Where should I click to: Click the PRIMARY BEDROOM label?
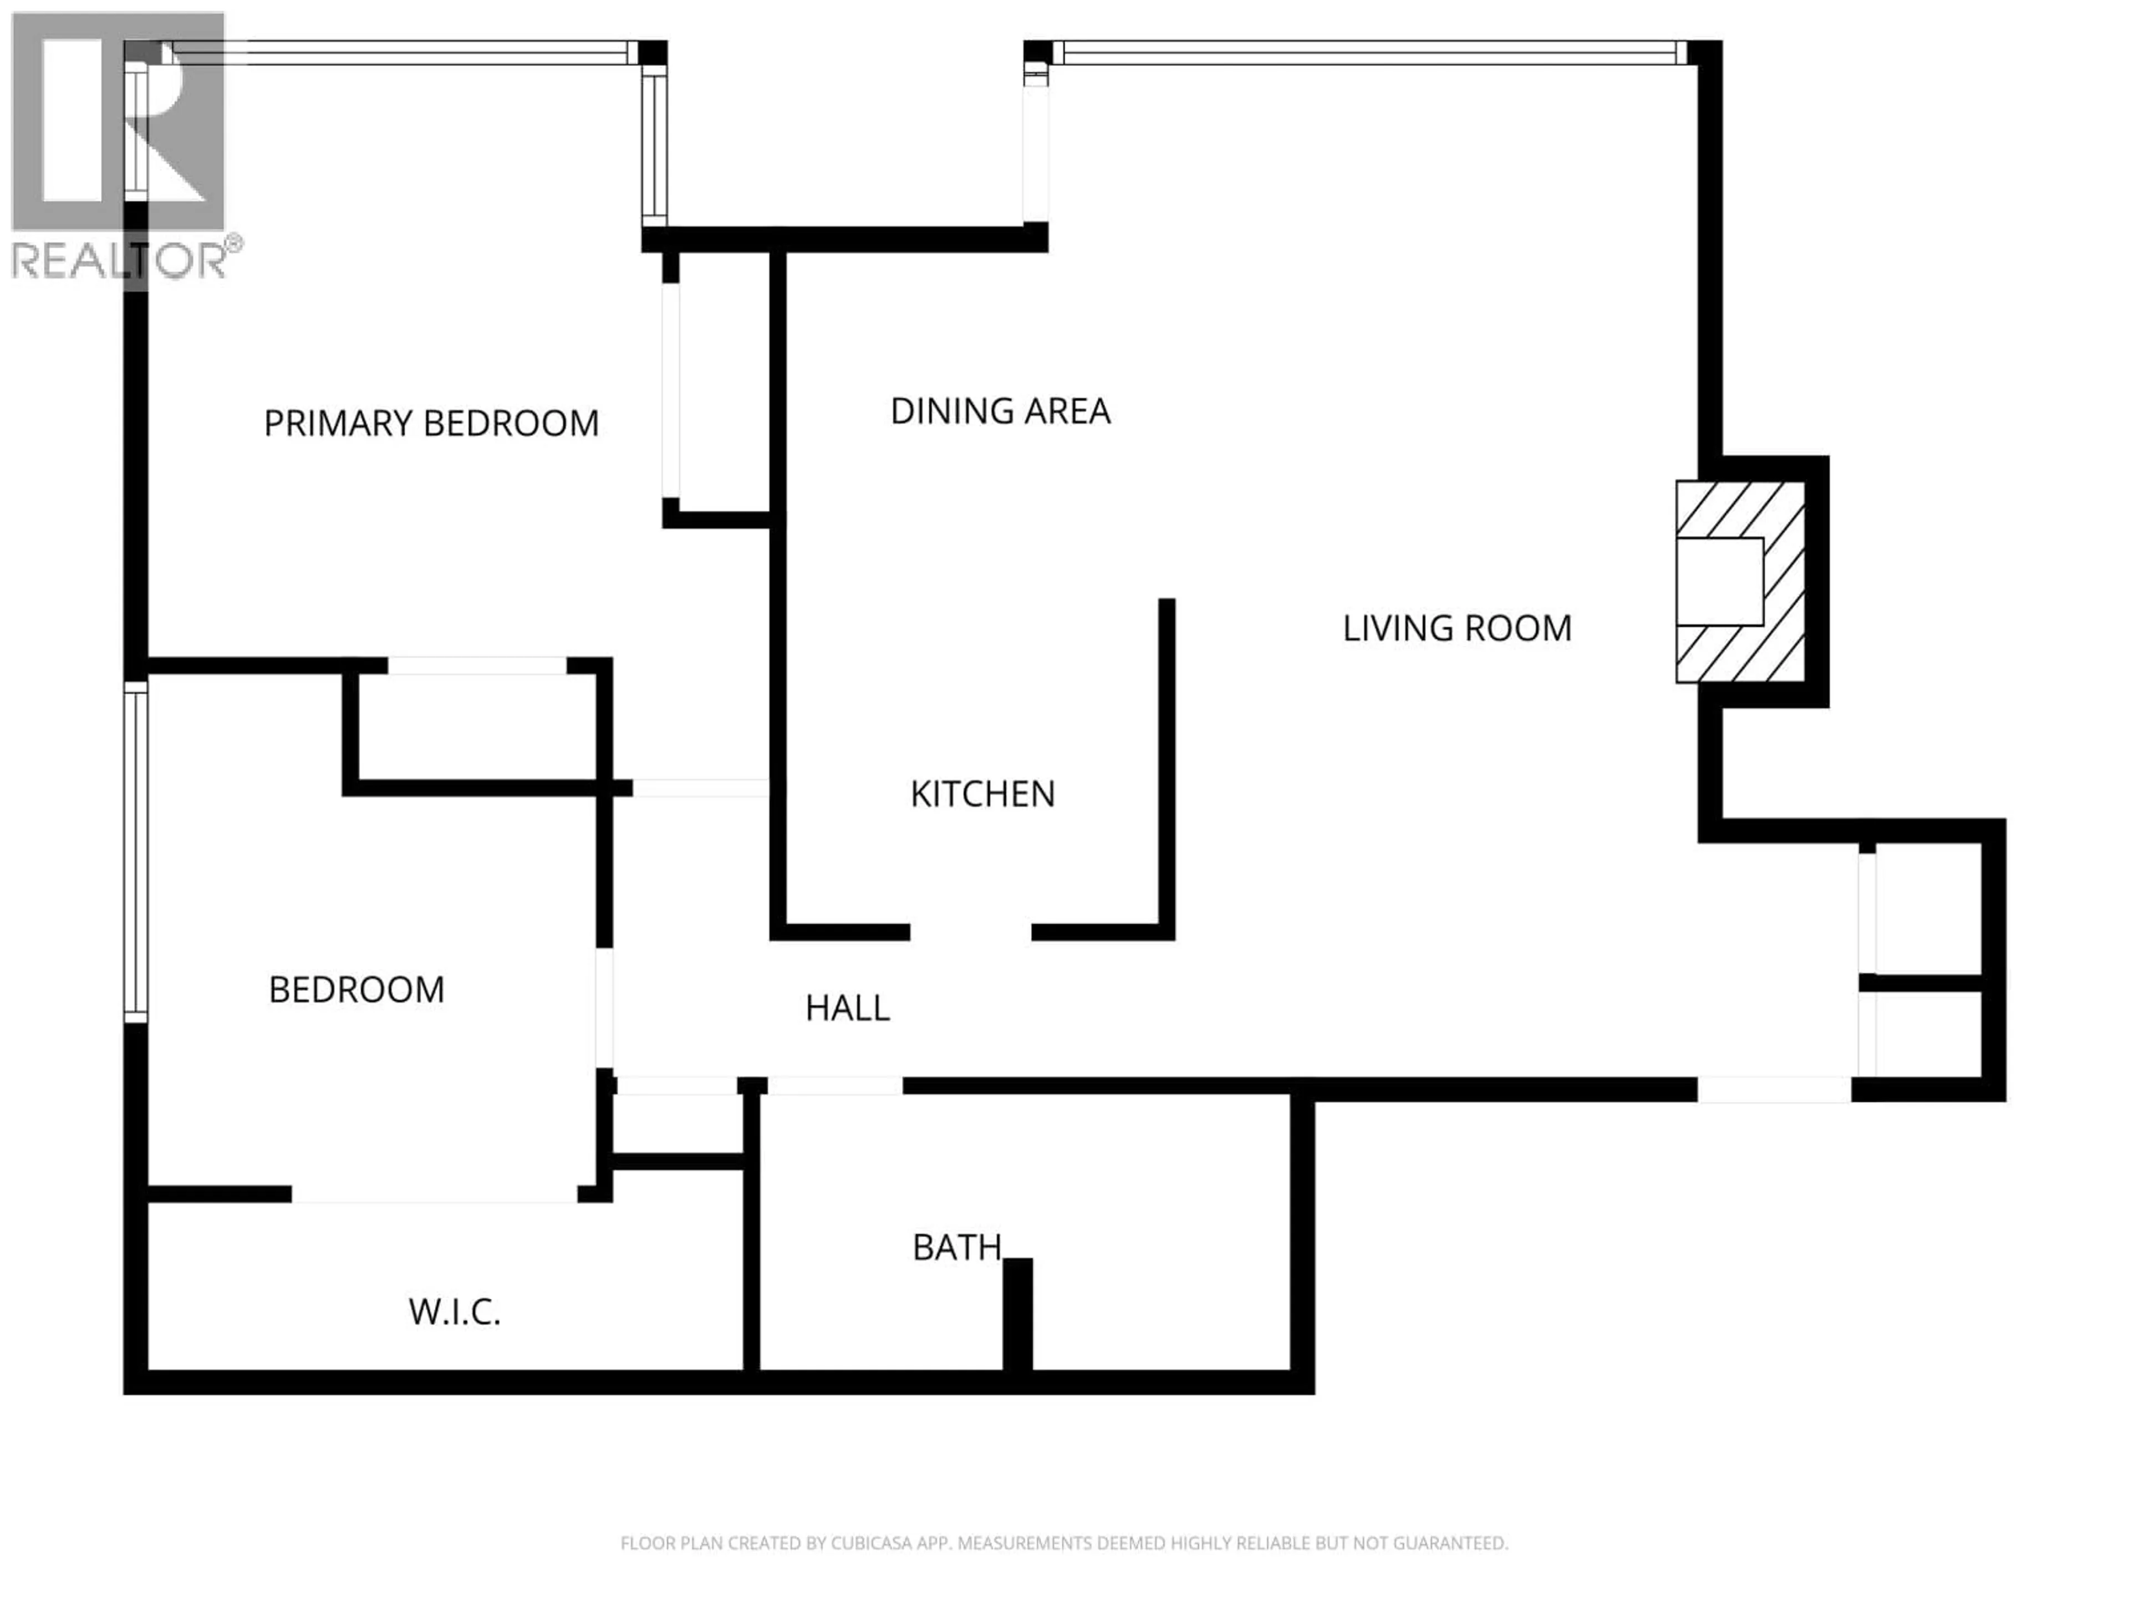click(x=431, y=424)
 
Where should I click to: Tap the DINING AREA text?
click(x=1000, y=411)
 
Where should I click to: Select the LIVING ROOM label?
click(x=1456, y=629)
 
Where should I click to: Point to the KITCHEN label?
click(x=982, y=794)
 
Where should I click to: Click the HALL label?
click(x=847, y=1008)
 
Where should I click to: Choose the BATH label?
click(x=957, y=1248)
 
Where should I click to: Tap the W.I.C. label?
click(x=454, y=1312)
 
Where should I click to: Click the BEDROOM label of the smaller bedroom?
click(x=356, y=990)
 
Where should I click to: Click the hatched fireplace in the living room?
click(x=1740, y=582)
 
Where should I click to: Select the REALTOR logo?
click(x=120, y=149)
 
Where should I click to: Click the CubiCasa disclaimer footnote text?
click(x=1063, y=1543)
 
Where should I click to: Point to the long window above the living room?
click(x=1369, y=53)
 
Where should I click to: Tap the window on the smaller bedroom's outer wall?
click(x=136, y=852)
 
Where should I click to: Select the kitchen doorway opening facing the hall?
click(x=970, y=932)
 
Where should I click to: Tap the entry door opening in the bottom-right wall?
click(x=1773, y=1090)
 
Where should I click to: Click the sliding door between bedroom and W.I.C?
click(x=435, y=1194)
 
